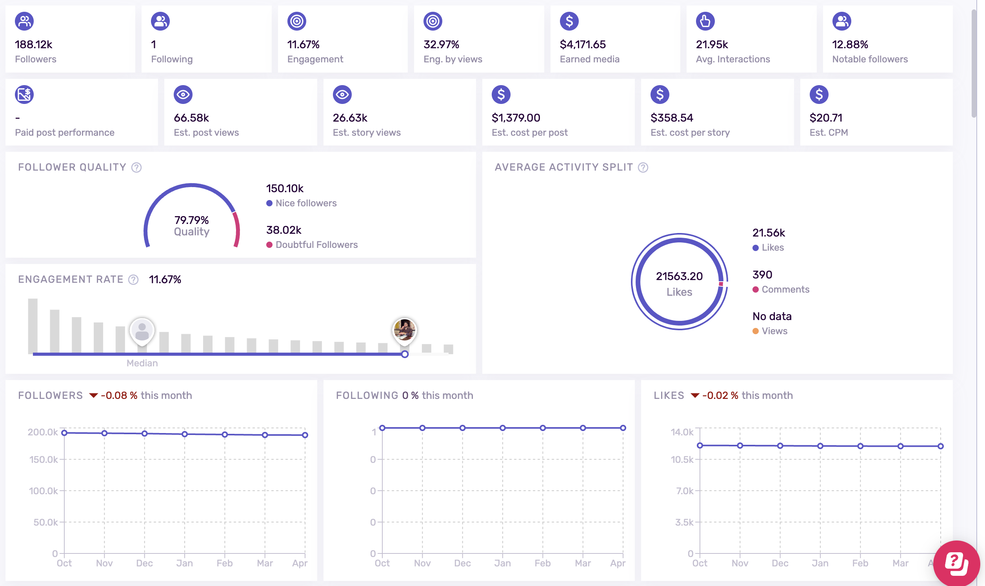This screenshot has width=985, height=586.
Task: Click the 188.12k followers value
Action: tap(34, 44)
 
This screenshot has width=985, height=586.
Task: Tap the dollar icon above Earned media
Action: tap(569, 21)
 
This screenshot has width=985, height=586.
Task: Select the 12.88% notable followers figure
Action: tap(850, 44)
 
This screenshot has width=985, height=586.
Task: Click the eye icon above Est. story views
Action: tap(342, 95)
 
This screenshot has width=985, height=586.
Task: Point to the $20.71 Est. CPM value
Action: tap(825, 118)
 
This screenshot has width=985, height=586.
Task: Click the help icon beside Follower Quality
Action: tap(136, 167)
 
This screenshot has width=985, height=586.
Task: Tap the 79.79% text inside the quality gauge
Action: tap(191, 220)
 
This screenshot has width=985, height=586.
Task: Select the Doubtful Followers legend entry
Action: tap(316, 245)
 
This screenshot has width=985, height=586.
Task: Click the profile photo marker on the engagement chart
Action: tap(404, 329)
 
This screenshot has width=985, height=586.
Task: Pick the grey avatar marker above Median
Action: tap(142, 331)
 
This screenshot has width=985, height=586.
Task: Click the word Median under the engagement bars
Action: tap(142, 363)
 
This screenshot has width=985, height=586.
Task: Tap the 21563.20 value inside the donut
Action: tap(679, 276)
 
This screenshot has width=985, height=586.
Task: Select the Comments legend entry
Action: tap(785, 289)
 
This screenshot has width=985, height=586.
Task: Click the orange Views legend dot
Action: tap(755, 331)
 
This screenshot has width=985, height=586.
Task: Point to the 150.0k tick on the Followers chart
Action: tap(44, 459)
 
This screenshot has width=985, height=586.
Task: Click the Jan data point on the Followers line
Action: tap(185, 434)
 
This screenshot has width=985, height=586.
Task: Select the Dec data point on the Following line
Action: tap(462, 428)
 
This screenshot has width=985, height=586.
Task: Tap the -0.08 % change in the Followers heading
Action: tap(119, 395)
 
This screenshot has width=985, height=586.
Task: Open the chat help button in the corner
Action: tap(956, 563)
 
